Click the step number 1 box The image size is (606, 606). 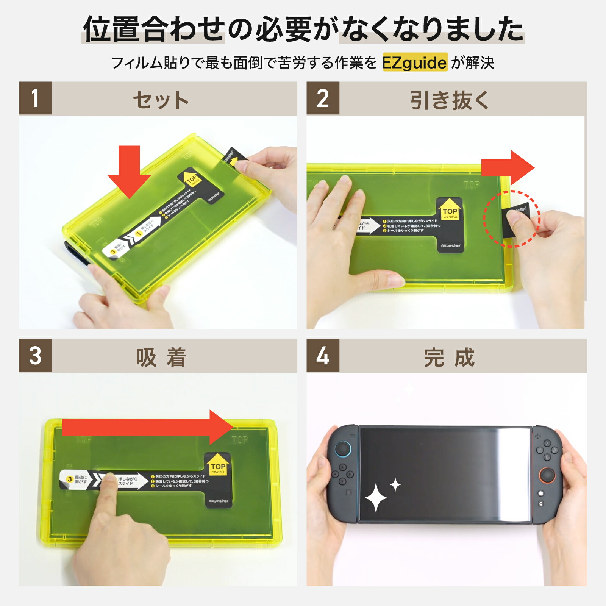[x=35, y=98]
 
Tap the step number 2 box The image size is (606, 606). [x=323, y=98]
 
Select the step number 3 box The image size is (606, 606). [x=35, y=355]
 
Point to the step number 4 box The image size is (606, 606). [x=323, y=355]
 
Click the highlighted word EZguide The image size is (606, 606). [x=415, y=62]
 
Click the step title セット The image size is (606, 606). [x=161, y=100]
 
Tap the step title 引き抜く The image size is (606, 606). [x=450, y=100]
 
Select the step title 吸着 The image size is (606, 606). [x=161, y=357]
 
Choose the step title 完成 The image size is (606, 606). [x=450, y=357]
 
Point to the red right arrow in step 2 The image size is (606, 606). [x=508, y=167]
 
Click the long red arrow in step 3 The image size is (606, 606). [x=148, y=427]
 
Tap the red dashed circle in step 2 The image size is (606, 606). [x=512, y=219]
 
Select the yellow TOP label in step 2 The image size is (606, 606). [x=450, y=210]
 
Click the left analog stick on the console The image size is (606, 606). [x=343, y=449]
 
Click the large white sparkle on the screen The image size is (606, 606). [x=376, y=498]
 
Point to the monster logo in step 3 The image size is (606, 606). [x=219, y=501]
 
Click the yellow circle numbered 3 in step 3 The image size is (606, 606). [x=70, y=479]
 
